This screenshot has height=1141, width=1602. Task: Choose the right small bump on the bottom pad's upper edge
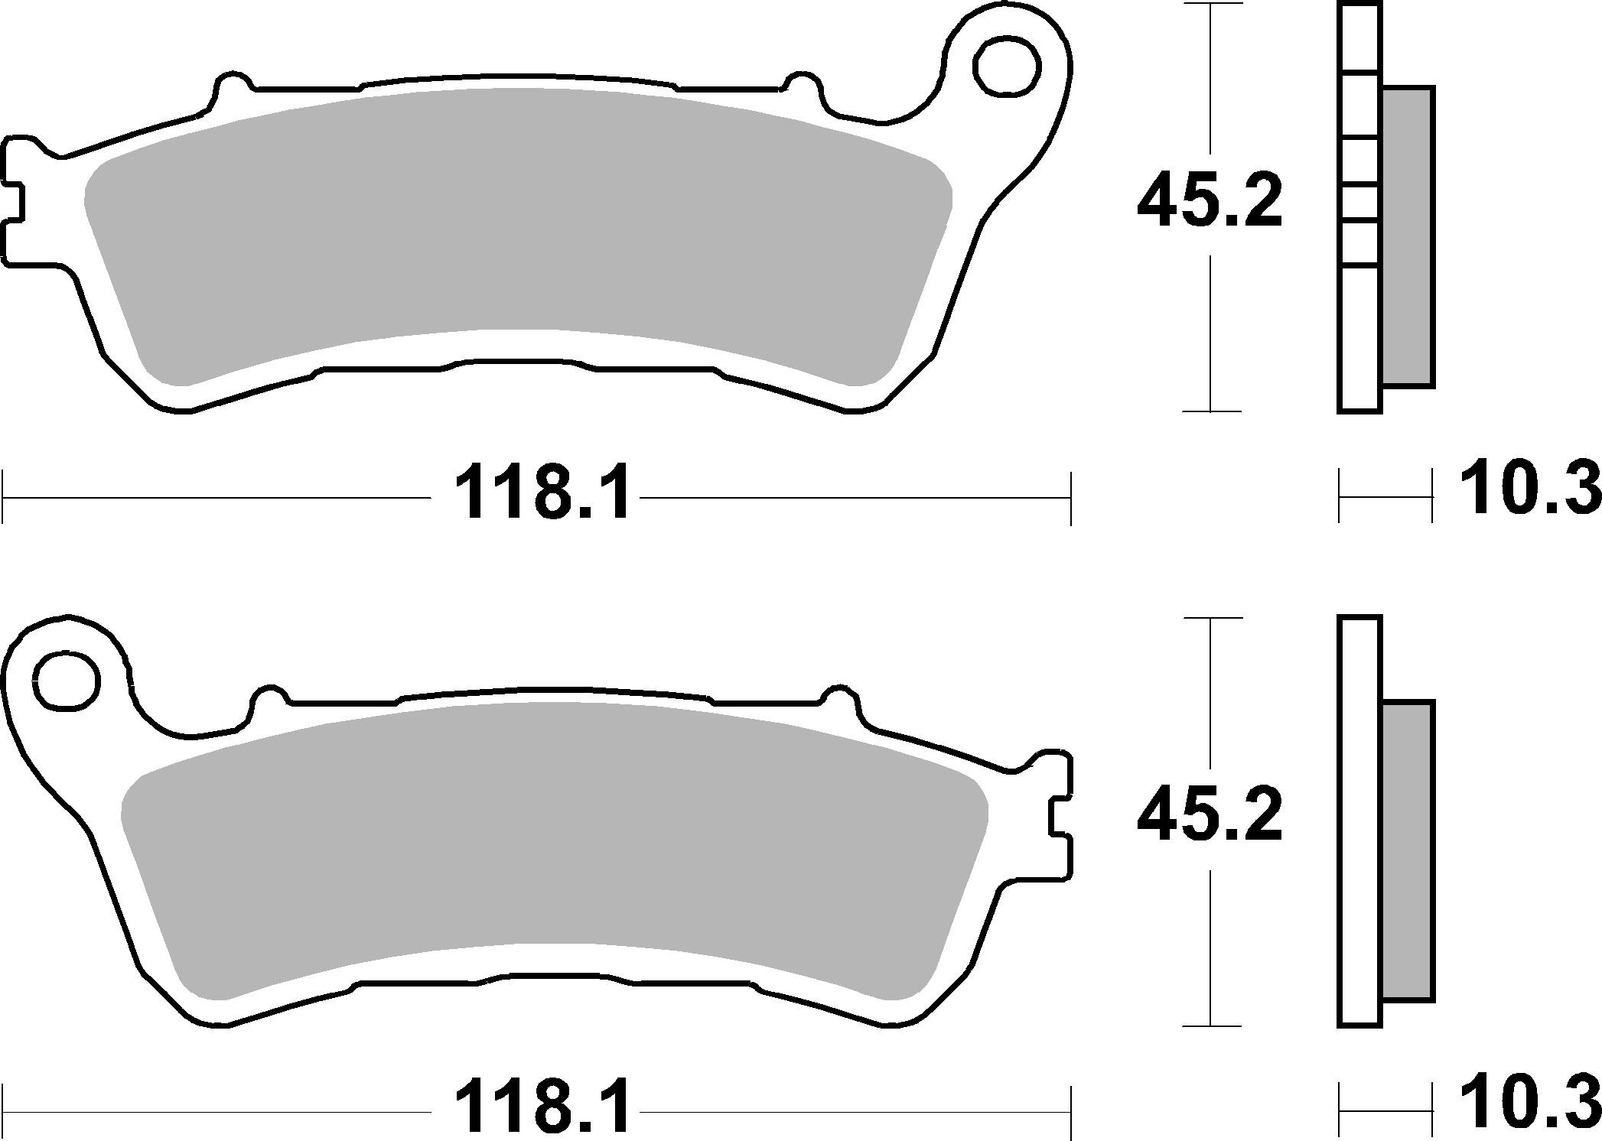tap(840, 695)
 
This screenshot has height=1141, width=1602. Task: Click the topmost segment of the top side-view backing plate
tap(1360, 38)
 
